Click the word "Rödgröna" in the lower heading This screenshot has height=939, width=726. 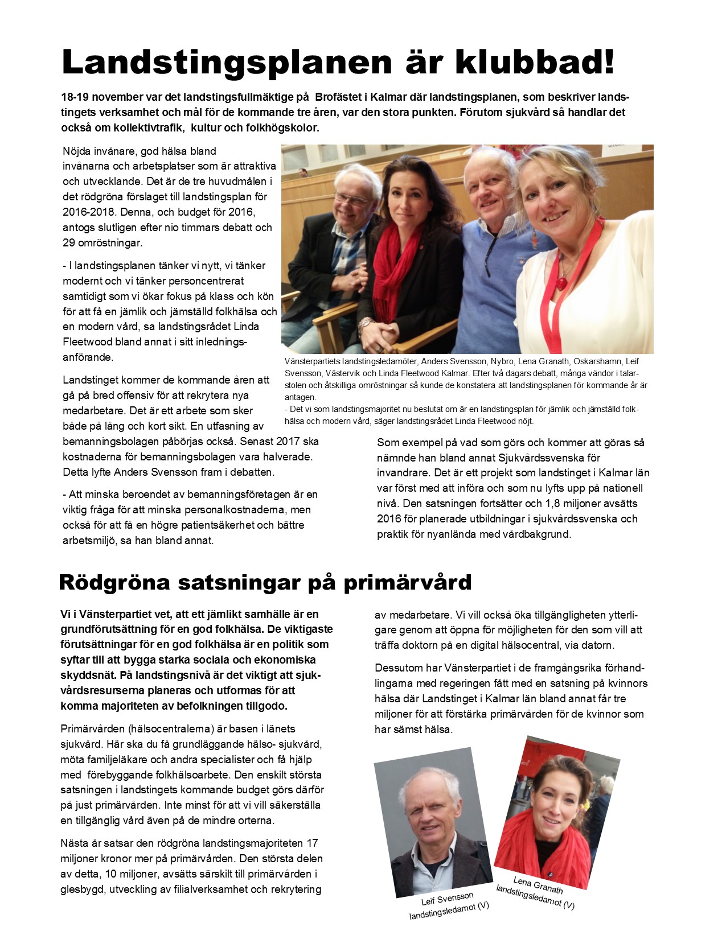pyautogui.click(x=114, y=582)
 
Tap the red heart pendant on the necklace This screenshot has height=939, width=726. pyautogui.click(x=562, y=283)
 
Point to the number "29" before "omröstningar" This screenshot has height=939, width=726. pyautogui.click(x=69, y=242)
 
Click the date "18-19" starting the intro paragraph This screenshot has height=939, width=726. pyautogui.click(x=75, y=97)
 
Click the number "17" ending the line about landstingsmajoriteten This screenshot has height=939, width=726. pyautogui.click(x=311, y=843)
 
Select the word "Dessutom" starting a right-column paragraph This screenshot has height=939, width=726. pyautogui.click(x=396, y=668)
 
